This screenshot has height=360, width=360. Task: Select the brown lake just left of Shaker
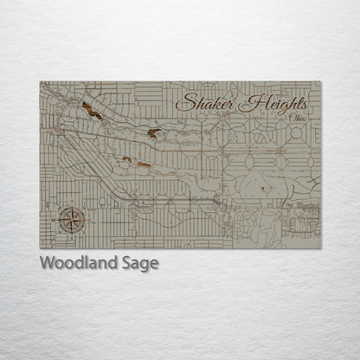pyautogui.click(x=153, y=132)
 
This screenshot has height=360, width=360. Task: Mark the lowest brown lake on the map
pyautogui.click(x=142, y=163)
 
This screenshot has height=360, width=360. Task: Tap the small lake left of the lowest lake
pyautogui.click(x=127, y=159)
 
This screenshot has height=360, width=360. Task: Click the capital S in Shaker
pyautogui.click(x=184, y=102)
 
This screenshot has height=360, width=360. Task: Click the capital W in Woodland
pyautogui.click(x=47, y=263)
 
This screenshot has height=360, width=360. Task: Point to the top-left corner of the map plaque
pyautogui.click(x=41, y=82)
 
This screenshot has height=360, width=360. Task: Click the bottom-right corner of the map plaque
pyautogui.click(x=320, y=247)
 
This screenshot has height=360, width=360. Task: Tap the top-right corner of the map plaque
pyautogui.click(x=320, y=82)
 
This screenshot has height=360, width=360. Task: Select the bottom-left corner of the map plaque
pyautogui.click(x=41, y=247)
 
